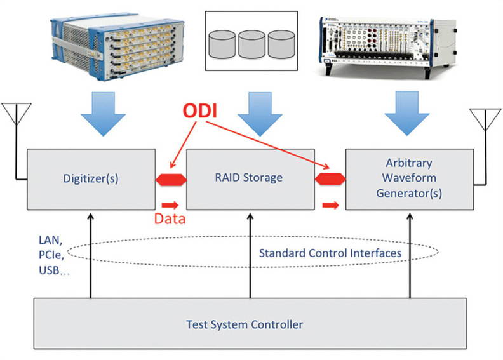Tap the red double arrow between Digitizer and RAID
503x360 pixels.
(171, 180)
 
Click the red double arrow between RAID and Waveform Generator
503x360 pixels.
(330, 180)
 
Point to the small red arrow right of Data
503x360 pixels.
(170, 205)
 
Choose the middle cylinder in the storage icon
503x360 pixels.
(251, 44)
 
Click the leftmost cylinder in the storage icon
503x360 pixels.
(223, 44)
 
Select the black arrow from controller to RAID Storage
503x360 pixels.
(248, 254)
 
